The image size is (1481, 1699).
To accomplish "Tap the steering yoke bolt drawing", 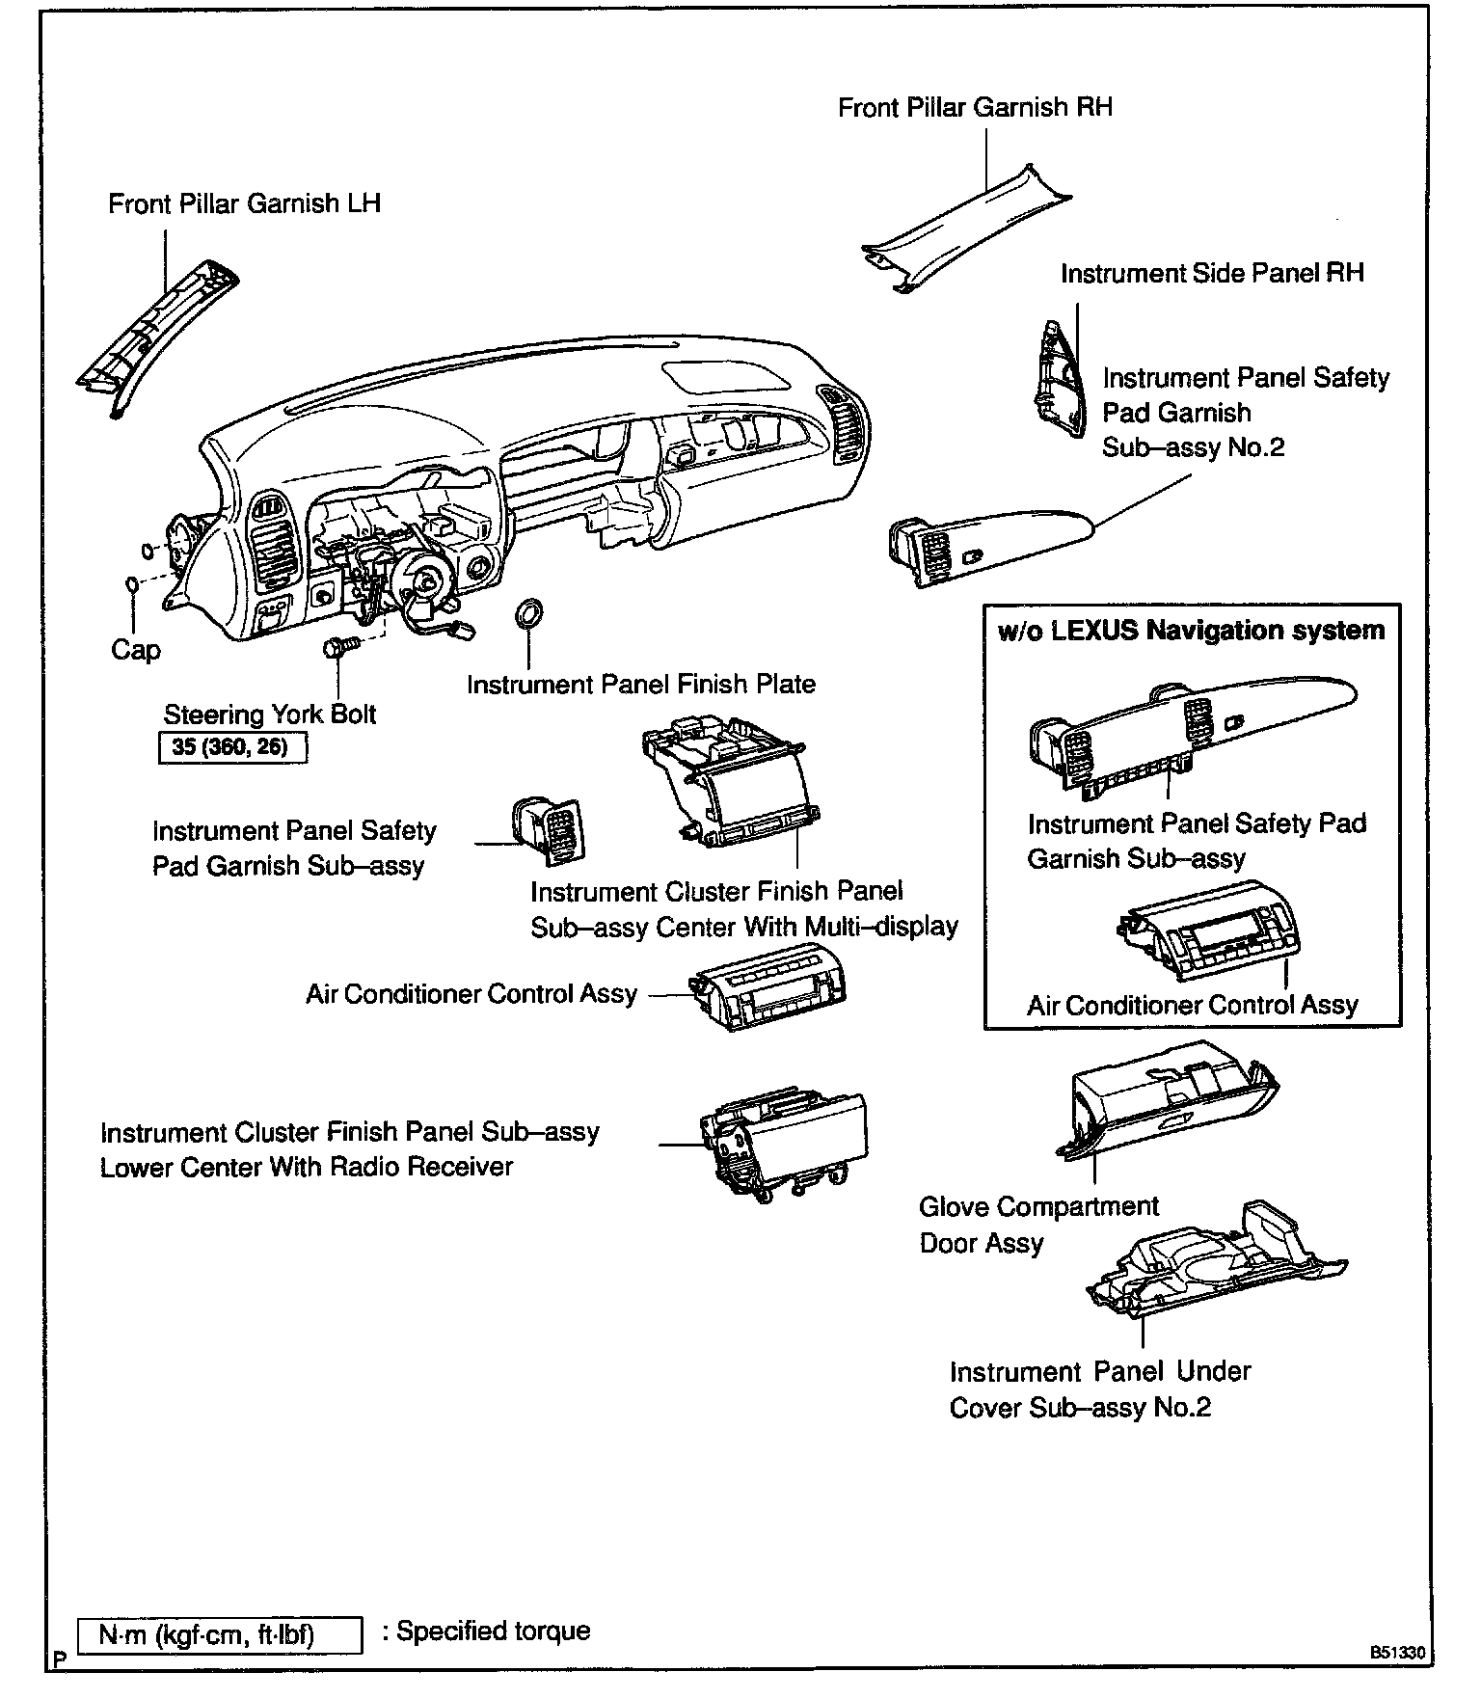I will (x=341, y=646).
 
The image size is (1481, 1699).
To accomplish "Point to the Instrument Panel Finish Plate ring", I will (x=528, y=613).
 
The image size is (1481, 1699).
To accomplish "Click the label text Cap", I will (x=135, y=650).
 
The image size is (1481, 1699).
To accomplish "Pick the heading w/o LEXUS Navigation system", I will (x=1191, y=631).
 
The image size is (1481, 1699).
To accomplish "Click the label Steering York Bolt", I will (x=270, y=715).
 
